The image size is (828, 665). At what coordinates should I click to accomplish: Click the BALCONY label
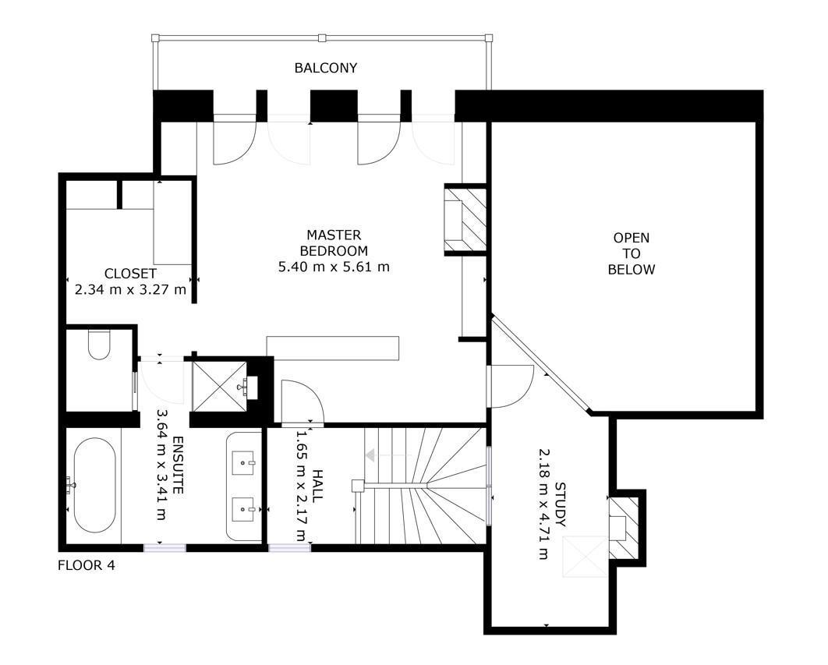(326, 68)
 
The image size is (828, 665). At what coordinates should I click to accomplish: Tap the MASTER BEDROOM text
(334, 243)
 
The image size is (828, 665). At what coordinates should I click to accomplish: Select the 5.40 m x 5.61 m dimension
(334, 267)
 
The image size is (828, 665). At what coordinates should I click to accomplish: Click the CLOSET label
(130, 274)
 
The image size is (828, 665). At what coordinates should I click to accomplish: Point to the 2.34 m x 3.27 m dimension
(130, 289)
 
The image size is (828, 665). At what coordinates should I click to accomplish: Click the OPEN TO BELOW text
(631, 253)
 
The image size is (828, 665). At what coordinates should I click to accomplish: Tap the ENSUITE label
(178, 465)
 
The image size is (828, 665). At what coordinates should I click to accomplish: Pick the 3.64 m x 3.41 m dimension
(162, 465)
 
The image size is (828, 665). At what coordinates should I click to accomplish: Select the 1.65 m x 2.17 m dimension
(301, 486)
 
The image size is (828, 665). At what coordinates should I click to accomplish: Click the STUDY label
(560, 504)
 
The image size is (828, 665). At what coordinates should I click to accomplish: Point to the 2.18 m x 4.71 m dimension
(544, 504)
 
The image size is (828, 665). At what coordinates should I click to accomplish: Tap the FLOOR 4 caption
(86, 565)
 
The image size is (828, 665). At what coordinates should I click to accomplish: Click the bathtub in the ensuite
(94, 485)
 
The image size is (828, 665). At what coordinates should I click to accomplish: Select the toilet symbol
(99, 345)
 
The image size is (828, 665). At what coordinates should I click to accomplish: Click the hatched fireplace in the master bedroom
(465, 219)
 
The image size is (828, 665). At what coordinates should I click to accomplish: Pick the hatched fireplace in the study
(623, 529)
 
